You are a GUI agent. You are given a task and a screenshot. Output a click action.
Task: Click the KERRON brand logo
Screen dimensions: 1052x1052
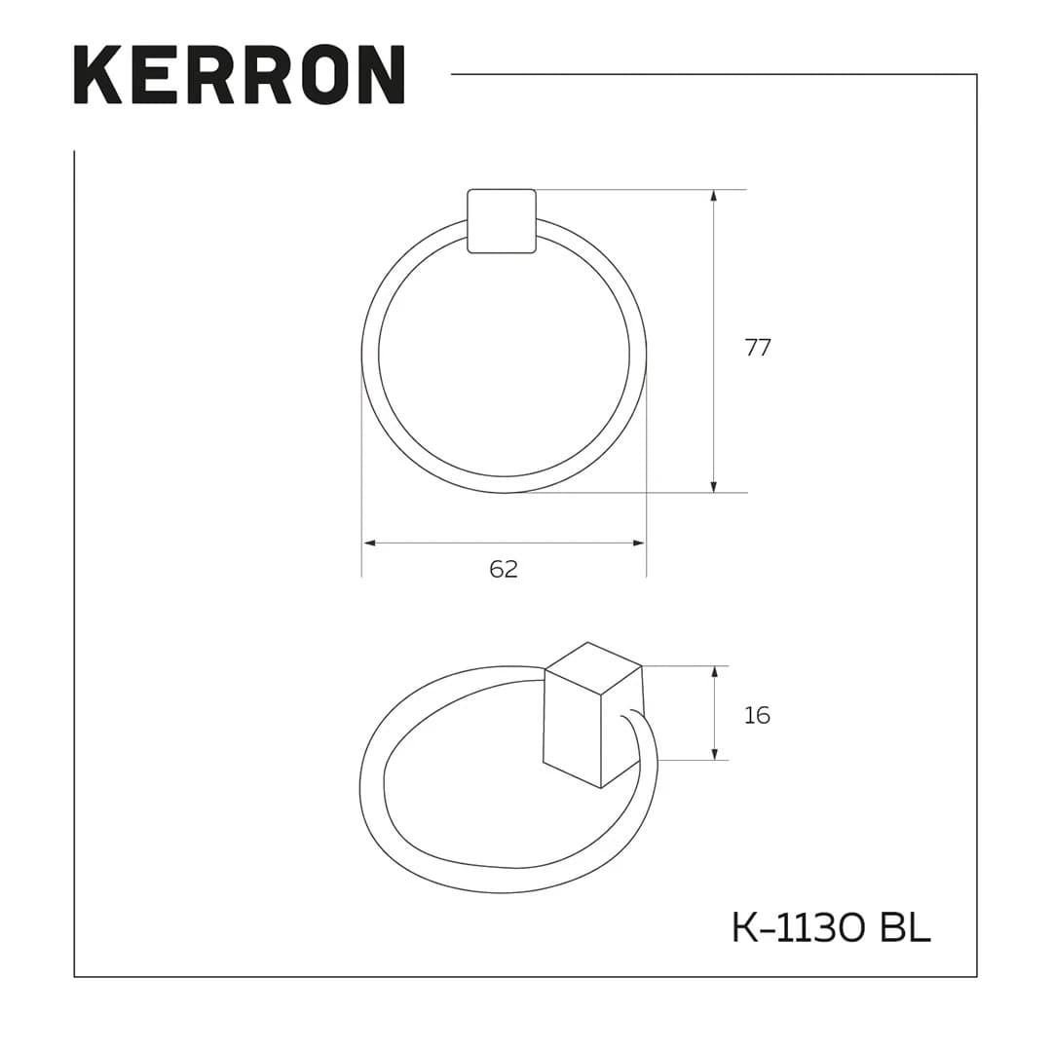(x=239, y=74)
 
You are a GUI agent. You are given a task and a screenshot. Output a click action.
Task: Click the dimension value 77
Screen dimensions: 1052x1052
(x=757, y=348)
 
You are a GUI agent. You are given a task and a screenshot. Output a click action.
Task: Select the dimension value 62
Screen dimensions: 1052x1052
(x=504, y=570)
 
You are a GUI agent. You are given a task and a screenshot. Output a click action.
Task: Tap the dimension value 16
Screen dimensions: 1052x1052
(x=756, y=715)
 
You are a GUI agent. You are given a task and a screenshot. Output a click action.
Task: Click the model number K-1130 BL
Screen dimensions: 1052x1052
(x=831, y=928)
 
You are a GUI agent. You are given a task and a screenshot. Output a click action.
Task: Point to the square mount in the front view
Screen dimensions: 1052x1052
(x=502, y=221)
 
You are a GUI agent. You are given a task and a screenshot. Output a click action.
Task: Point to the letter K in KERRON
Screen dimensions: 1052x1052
(x=97, y=74)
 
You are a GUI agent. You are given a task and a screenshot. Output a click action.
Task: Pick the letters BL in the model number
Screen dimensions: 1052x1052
(x=905, y=928)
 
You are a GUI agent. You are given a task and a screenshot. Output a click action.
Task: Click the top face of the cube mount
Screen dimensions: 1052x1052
(x=593, y=668)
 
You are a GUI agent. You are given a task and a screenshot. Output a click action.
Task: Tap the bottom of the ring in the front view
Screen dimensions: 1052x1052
(x=504, y=484)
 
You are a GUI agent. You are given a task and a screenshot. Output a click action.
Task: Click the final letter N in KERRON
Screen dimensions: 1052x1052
(x=381, y=74)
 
